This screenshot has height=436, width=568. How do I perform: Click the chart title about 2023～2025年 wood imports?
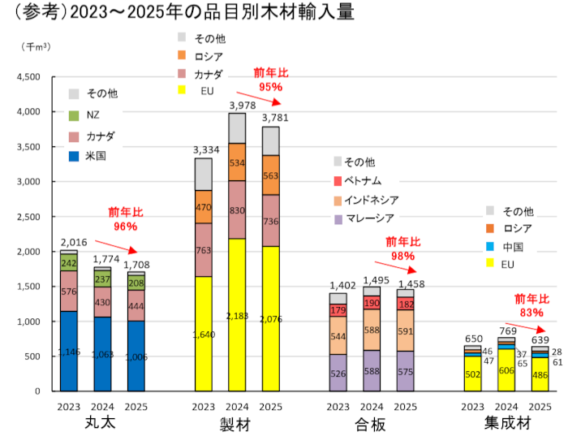(x=167, y=13)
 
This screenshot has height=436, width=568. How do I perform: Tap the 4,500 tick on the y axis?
(x=28, y=77)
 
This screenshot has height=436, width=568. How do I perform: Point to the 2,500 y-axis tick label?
(x=28, y=217)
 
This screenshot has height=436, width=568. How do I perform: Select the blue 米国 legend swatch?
(x=74, y=155)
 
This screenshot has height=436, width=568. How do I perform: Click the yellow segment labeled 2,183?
(x=237, y=314)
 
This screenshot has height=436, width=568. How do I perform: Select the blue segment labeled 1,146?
(x=69, y=351)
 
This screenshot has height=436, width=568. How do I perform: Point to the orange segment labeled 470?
(x=204, y=207)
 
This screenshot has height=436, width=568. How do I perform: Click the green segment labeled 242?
(x=69, y=262)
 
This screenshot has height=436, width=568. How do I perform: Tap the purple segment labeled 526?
(x=338, y=373)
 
